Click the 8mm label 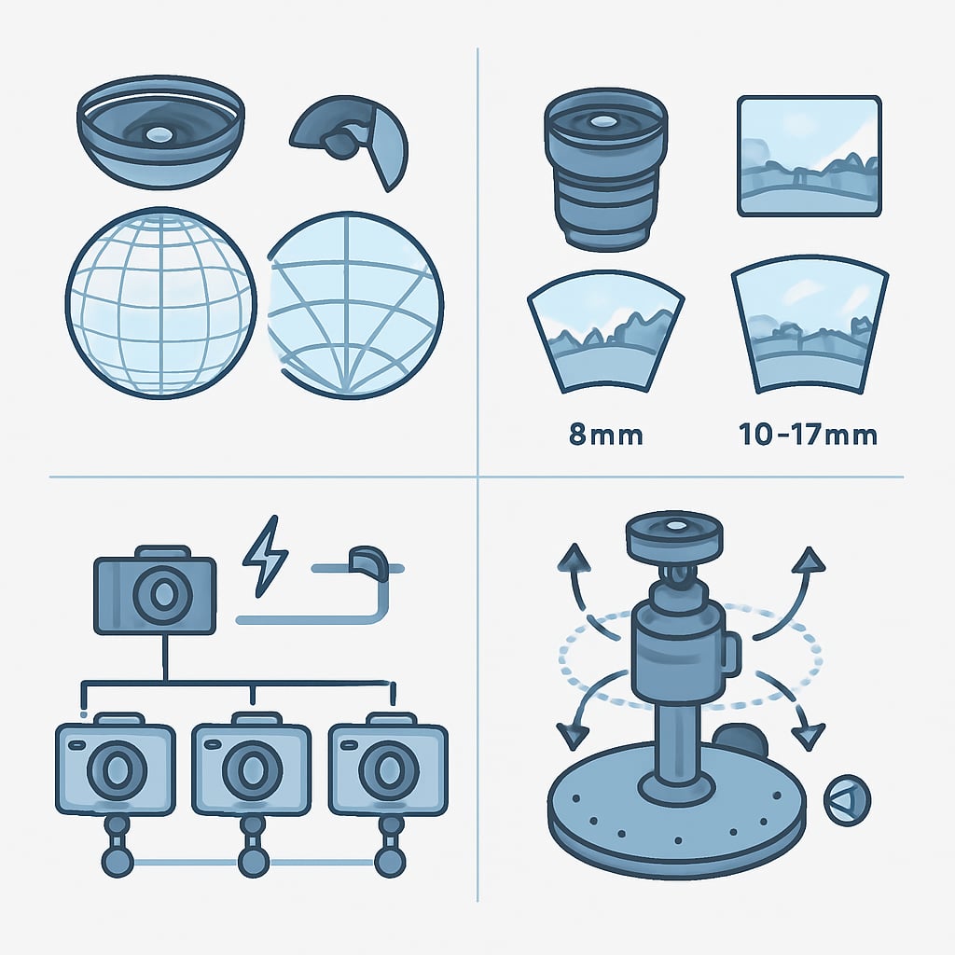pyautogui.click(x=605, y=435)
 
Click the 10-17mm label pyautogui.click(x=808, y=435)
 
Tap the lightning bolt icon pyautogui.click(x=265, y=556)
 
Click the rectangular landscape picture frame pyautogui.click(x=810, y=156)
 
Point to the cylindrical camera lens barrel pyautogui.click(x=605, y=170)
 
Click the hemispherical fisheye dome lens pyautogui.click(x=160, y=131)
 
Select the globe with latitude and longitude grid pyautogui.click(x=160, y=303)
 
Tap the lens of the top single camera pyautogui.click(x=162, y=594)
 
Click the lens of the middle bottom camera pyautogui.click(x=252, y=769)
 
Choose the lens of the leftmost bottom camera pyautogui.click(x=117, y=769)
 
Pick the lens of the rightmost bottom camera pyautogui.click(x=389, y=769)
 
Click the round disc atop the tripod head pyautogui.click(x=674, y=535)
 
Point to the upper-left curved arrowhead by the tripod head pyautogui.click(x=574, y=558)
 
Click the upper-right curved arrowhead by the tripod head pyautogui.click(x=809, y=560)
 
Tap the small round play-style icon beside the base pyautogui.click(x=847, y=800)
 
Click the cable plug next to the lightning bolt pyautogui.click(x=367, y=562)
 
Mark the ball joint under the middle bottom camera pyautogui.click(x=253, y=861)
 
